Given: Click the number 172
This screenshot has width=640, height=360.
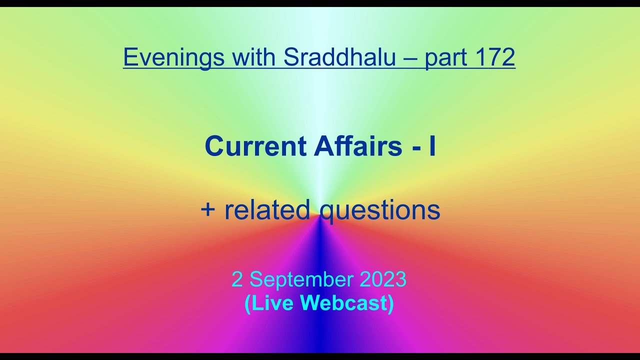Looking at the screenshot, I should coord(495,57).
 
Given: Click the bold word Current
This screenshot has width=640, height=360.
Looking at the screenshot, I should coord(255,146).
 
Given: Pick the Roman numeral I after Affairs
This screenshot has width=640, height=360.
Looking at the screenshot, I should coord(432,146).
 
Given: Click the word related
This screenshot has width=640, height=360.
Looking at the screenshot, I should coord(267,210).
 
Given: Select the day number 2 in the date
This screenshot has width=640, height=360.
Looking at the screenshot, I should coord(237,280).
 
